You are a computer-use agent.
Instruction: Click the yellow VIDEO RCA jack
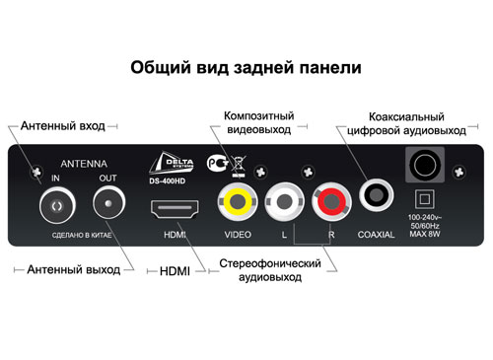(238, 201)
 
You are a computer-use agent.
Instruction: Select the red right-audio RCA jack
(331, 201)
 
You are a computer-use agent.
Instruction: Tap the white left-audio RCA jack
(284, 201)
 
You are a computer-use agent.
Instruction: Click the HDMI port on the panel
(175, 209)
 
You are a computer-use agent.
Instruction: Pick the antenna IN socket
(57, 205)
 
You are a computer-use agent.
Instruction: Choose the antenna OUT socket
(108, 202)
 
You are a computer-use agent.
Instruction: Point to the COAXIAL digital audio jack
(376, 195)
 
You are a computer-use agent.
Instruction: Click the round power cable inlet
(425, 165)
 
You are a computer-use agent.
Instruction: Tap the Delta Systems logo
(172, 163)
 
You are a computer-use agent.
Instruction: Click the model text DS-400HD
(167, 181)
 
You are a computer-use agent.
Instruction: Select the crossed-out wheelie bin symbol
(239, 167)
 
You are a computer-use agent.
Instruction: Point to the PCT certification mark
(218, 163)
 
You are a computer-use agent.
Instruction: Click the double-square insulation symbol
(425, 199)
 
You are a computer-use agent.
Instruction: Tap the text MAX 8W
(425, 234)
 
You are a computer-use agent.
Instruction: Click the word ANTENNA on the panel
(84, 164)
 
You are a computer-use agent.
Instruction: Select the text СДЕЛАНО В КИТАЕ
(82, 236)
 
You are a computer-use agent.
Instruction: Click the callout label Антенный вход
(63, 126)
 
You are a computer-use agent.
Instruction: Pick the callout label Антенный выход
(74, 269)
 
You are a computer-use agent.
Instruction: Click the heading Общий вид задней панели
(246, 67)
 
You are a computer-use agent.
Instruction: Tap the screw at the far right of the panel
(458, 172)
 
